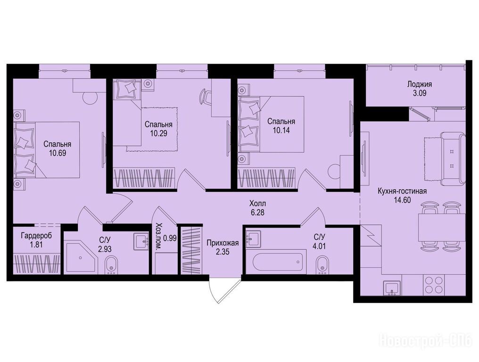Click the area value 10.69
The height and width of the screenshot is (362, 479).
click(x=58, y=152)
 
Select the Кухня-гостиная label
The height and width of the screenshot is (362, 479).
click(x=402, y=191)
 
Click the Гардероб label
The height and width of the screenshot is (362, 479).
click(x=36, y=236)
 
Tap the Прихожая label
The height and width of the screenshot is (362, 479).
click(x=223, y=243)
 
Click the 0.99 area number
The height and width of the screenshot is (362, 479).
click(x=170, y=239)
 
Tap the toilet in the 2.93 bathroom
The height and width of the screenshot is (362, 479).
click(x=111, y=264)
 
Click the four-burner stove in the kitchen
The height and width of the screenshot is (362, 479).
click(x=433, y=285)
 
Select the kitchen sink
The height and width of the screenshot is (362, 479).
click(x=392, y=288)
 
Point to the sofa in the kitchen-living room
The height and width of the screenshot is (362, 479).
click(x=453, y=158)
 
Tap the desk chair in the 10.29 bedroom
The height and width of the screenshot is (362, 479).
click(x=205, y=97)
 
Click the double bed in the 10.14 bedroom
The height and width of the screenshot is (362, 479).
click(x=271, y=124)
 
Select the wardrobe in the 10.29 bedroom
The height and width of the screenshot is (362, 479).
click(x=144, y=178)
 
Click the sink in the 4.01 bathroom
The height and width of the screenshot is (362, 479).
click(x=253, y=238)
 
